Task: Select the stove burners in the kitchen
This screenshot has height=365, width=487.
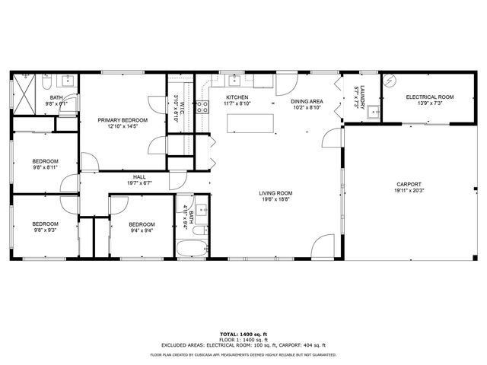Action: [x=203, y=107]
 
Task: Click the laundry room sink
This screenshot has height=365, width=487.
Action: [x=374, y=113]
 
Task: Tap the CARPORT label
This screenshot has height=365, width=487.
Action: [x=408, y=184]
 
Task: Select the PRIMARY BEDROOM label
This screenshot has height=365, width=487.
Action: [x=123, y=120]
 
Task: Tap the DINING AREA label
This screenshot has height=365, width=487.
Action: [x=307, y=101]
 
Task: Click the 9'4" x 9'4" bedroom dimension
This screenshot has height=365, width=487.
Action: [x=142, y=231]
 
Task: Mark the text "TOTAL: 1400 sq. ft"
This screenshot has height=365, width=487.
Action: [x=243, y=334]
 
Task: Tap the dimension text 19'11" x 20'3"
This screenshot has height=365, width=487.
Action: [x=408, y=191]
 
